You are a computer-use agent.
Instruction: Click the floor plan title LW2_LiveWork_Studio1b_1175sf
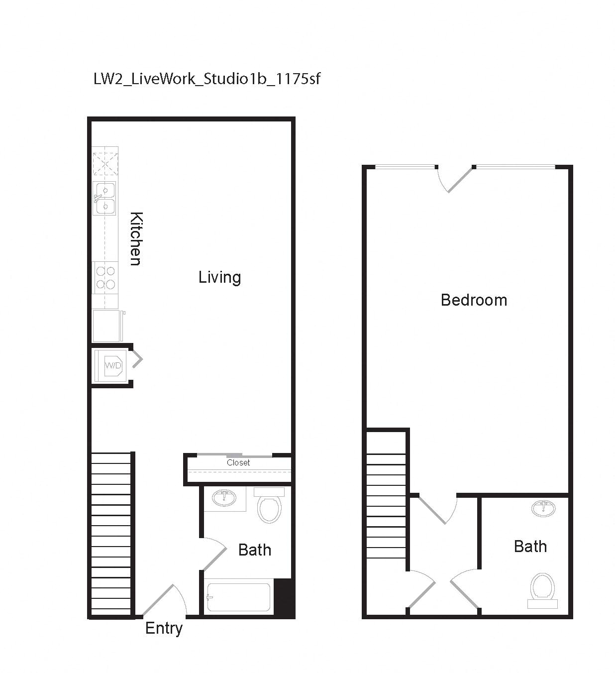coord(207,79)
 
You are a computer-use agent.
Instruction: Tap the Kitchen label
coord(136,238)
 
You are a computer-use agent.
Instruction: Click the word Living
coord(219,277)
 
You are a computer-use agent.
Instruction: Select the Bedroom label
coord(474,300)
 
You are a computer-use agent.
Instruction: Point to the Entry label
coord(164,628)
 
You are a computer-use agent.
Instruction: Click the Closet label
coord(238,463)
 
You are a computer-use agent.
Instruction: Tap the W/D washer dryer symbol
coord(113,366)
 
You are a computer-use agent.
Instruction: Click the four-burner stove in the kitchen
coord(105,278)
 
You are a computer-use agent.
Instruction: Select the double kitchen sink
coord(104,198)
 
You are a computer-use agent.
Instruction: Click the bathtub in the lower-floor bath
coord(239,597)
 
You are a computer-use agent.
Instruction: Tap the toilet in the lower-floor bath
coord(270,506)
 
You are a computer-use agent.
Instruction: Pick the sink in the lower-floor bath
coord(224,498)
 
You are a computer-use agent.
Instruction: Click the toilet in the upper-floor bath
coord(542,589)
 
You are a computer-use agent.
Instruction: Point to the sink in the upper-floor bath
coord(543,508)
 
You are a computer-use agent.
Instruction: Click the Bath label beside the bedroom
coord(530,547)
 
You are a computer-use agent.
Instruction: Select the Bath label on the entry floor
coord(255,550)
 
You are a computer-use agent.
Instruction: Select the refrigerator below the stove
coord(107,326)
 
